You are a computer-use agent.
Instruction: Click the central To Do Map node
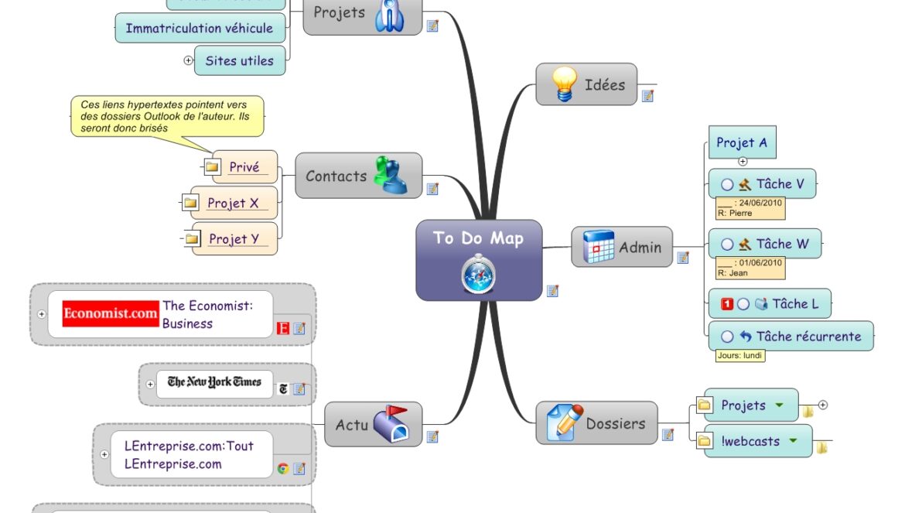tap(479, 259)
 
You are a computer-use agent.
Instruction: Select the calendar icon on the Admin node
tap(598, 247)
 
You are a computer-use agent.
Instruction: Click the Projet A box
tap(742, 143)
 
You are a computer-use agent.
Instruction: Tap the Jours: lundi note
tap(740, 356)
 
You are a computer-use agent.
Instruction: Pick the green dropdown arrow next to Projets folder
tap(780, 405)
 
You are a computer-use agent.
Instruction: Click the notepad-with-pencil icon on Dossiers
tap(565, 422)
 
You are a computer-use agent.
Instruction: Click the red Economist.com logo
tap(111, 314)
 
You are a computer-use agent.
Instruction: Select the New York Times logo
tap(214, 381)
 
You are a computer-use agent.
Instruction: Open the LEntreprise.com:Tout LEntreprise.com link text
tap(189, 455)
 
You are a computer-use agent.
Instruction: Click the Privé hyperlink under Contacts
tap(244, 167)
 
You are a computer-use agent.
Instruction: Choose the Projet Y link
tap(233, 239)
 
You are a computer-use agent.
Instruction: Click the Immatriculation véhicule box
tap(199, 29)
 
